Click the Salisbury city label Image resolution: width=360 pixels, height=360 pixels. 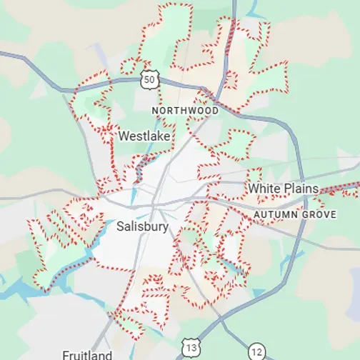142,227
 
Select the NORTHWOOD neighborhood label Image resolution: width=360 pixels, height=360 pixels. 186,111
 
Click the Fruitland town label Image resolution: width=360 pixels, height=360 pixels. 86,355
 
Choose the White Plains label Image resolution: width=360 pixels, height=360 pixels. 284,189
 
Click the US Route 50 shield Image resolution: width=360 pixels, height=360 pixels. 149,80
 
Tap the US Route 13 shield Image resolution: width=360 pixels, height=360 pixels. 191,347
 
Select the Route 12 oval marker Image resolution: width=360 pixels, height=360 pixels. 257,351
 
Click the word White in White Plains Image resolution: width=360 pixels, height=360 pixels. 263,189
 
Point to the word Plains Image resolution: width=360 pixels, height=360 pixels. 300,189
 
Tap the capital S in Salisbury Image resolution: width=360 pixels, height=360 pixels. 119,227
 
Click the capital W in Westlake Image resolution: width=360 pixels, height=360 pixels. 124,135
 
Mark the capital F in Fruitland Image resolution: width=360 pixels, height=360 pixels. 65,355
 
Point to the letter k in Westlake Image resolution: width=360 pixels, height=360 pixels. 159,135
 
